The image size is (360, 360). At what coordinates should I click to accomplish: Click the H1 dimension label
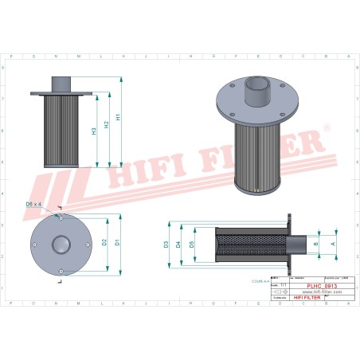(x=119, y=117)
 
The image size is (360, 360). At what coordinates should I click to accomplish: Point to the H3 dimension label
(x=94, y=131)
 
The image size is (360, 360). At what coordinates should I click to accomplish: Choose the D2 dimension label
(x=104, y=242)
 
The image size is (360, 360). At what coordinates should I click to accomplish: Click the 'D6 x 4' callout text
(x=55, y=205)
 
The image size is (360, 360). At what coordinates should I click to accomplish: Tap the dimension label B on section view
(x=316, y=244)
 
